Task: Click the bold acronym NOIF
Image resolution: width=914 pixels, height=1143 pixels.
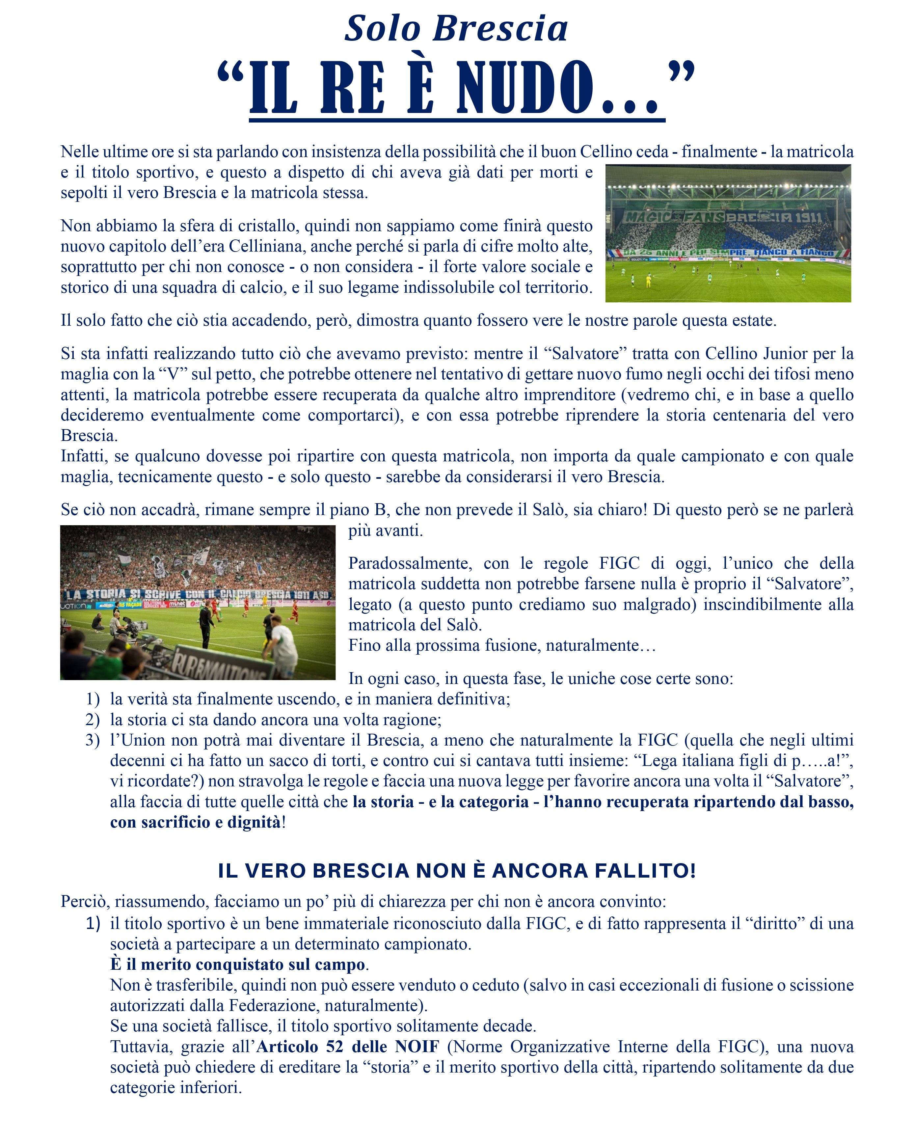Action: [x=417, y=1047]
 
